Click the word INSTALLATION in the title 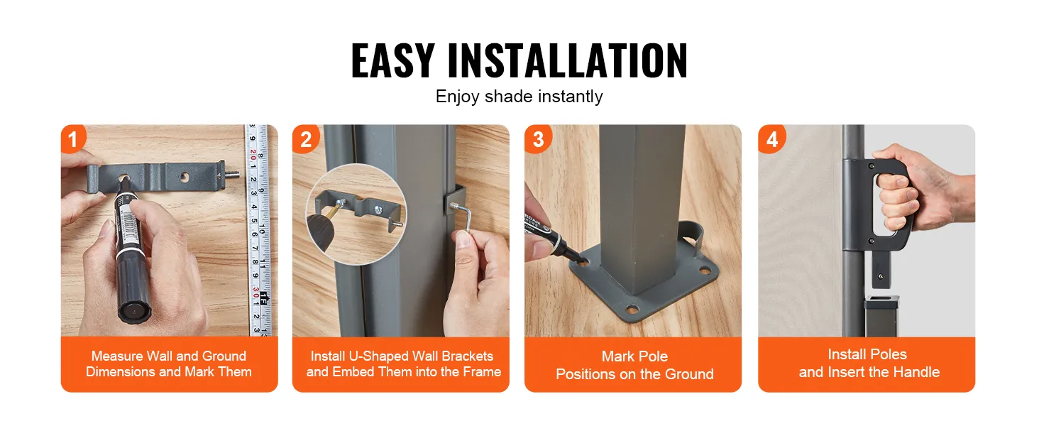tap(567, 61)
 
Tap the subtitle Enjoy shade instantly tap(519, 97)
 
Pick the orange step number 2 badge tap(305, 139)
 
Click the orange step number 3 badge tap(537, 139)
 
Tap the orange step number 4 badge tap(771, 139)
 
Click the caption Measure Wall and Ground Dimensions tap(169, 364)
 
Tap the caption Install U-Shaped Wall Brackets tap(402, 364)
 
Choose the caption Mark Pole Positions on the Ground tap(634, 365)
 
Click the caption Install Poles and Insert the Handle tap(867, 363)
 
